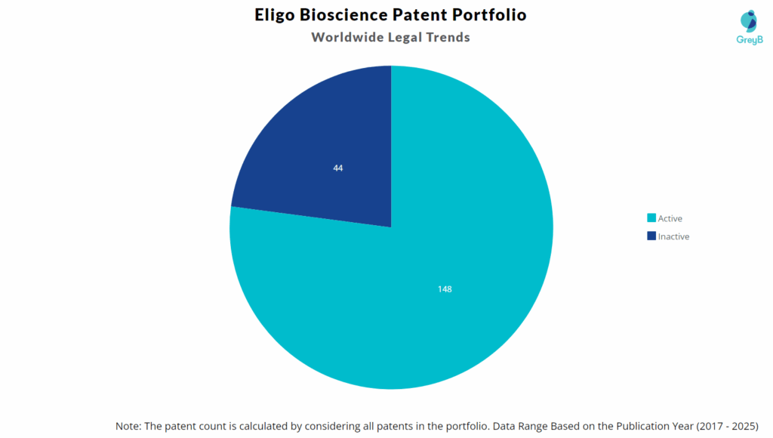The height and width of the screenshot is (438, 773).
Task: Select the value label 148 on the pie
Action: coord(445,289)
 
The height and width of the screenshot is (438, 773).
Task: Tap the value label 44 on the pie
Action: coord(338,168)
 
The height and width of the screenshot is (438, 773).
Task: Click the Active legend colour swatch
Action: coord(651,218)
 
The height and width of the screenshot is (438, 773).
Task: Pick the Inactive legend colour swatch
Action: coord(651,236)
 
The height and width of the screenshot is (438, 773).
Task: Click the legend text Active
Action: coord(670,218)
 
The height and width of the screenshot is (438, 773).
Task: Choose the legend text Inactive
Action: coord(673,236)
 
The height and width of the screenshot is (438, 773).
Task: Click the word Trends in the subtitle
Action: coord(447,37)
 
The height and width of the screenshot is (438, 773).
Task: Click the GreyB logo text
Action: coord(750,39)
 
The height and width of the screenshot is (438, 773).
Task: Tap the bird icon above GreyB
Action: coord(750,20)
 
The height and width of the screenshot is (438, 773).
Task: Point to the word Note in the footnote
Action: coord(128,425)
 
